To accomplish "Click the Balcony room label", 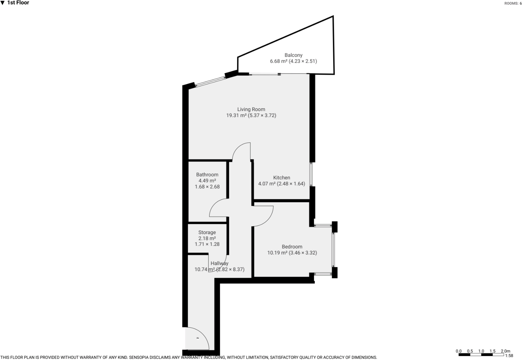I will click(293, 55).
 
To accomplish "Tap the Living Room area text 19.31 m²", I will click(236, 116).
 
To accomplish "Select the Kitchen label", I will click(281, 178).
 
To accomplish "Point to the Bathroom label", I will click(207, 174).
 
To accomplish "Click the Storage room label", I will click(207, 232).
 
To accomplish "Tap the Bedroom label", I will click(292, 247).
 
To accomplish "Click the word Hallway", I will click(219, 263).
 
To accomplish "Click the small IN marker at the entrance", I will click(198, 338).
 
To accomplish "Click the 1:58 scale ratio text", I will click(509, 356).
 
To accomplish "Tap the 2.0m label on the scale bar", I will click(505, 351).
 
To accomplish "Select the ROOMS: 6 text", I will click(513, 3).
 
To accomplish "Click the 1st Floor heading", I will click(18, 3).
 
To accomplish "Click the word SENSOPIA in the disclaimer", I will click(140, 357).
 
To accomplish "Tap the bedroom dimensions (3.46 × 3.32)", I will click(303, 253).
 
